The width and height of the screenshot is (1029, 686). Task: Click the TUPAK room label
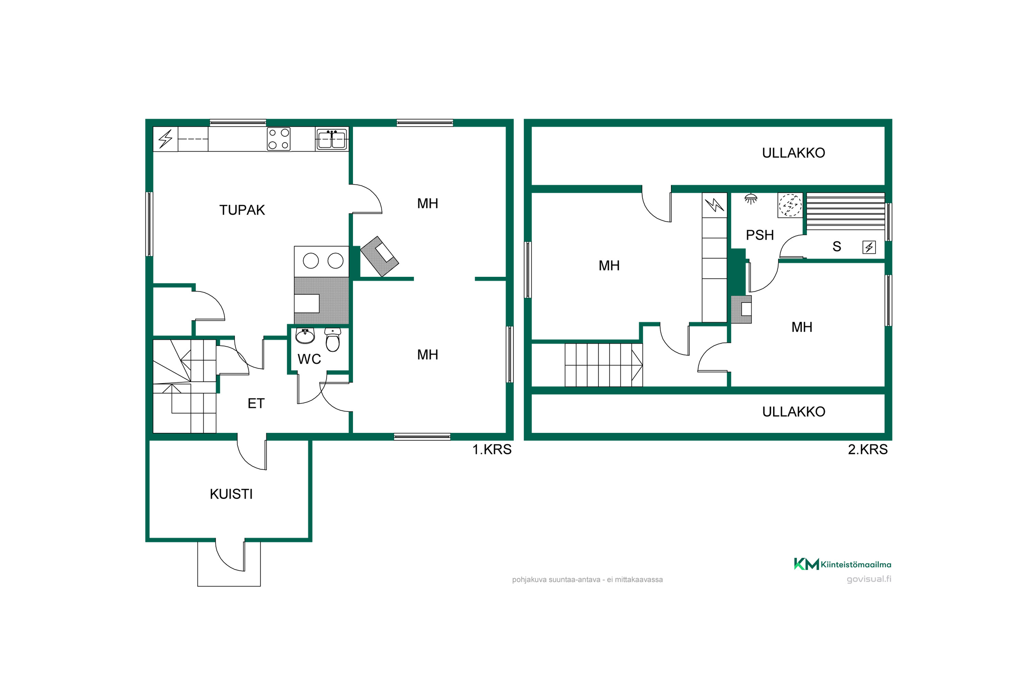tap(242, 210)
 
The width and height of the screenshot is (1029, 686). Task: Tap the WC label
tap(309, 359)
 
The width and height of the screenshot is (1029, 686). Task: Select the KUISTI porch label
tap(231, 494)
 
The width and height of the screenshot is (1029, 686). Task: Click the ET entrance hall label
tap(256, 403)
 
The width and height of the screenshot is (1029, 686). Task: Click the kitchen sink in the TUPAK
tap(332, 139)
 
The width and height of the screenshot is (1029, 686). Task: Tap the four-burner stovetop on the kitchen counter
tap(279, 139)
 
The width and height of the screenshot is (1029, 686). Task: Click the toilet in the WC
tap(332, 340)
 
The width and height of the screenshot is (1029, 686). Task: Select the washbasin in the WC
tap(305, 336)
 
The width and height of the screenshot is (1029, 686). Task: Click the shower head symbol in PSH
tap(751, 199)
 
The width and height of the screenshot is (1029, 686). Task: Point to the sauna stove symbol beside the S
tap(869, 247)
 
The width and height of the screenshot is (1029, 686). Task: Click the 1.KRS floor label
tap(492, 449)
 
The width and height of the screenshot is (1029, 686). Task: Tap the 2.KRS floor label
tap(867, 449)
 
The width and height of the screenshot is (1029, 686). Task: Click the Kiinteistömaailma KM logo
tap(842, 564)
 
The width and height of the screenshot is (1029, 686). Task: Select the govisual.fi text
tap(869, 579)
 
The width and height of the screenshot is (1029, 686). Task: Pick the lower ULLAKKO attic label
tap(794, 412)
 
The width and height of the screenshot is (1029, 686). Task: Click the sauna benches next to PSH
tap(845, 211)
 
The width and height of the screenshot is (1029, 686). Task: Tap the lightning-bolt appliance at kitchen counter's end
tap(165, 139)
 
